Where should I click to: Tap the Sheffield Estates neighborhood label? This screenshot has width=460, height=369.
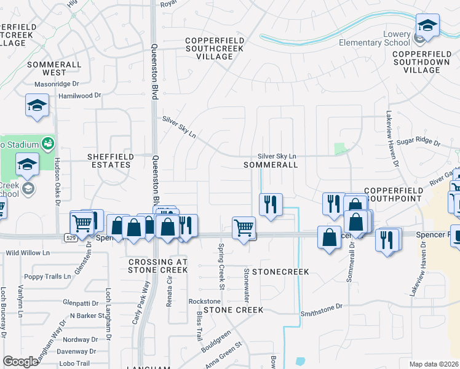(x=109, y=161)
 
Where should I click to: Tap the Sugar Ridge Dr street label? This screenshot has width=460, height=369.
(x=420, y=143)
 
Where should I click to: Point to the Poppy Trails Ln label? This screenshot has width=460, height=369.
(x=45, y=277)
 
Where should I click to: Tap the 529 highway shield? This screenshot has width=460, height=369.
(x=69, y=237)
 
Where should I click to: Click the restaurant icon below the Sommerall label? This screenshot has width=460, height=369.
(x=271, y=204)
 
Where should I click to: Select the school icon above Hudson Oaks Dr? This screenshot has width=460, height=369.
(x=37, y=105)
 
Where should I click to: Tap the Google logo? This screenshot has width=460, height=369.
(x=20, y=361)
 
